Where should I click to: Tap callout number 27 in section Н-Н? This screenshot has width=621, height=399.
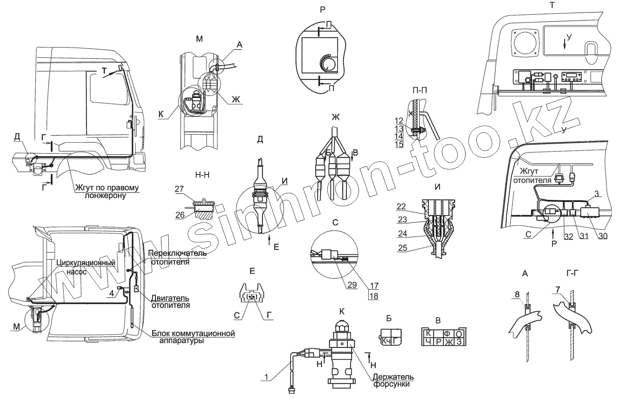179,189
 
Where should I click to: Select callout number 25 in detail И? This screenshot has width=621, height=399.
402,248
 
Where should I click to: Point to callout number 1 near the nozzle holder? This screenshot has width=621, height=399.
266,377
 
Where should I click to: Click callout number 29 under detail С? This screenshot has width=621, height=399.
352,285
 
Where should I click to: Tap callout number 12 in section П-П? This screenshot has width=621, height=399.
399,121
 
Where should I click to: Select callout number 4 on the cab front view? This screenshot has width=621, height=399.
111,293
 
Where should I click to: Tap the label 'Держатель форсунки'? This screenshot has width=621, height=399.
393,380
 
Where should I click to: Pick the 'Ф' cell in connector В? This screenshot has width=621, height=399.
447,334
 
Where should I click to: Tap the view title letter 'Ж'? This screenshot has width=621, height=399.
335,118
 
